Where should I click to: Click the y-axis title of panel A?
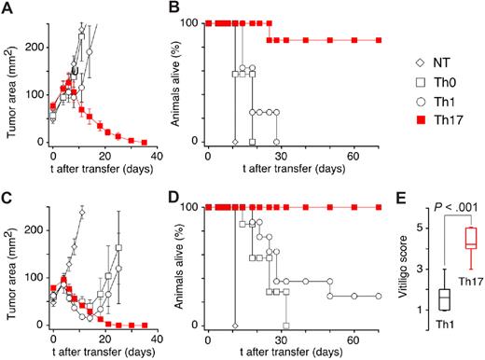click(x=8, y=84)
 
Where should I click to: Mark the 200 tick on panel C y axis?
click(x=33, y=228)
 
